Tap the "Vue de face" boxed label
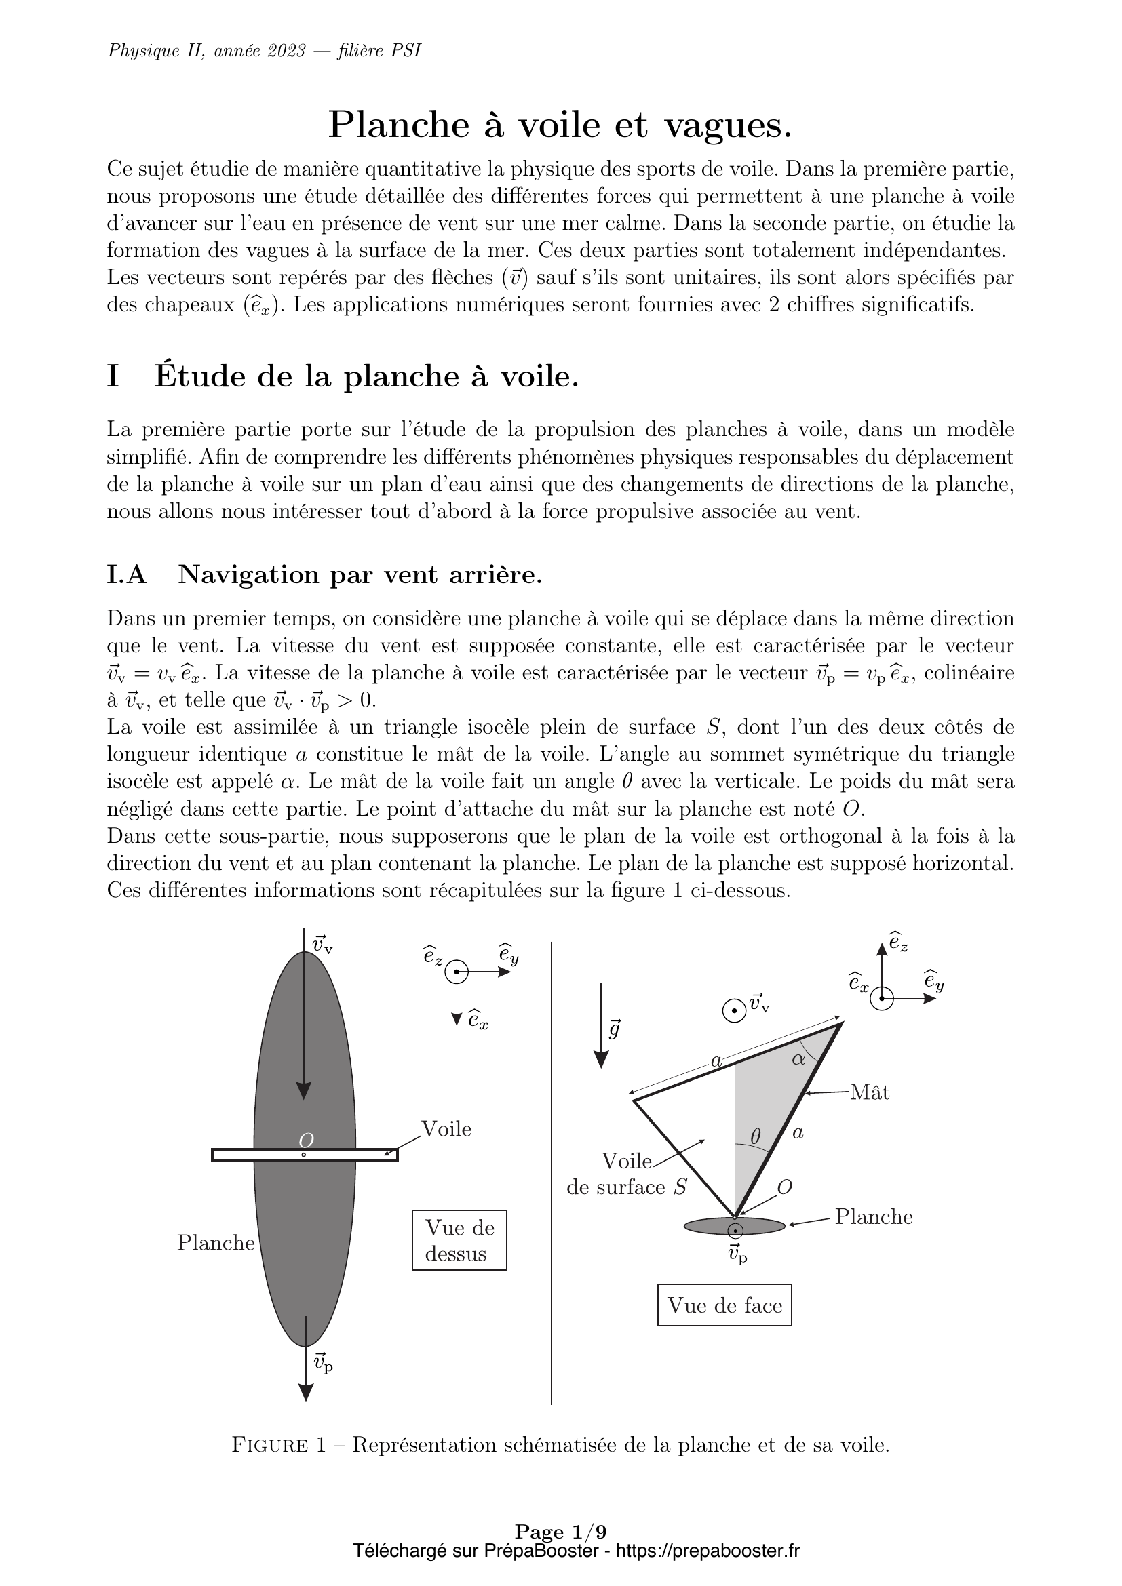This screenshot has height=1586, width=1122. tap(724, 1305)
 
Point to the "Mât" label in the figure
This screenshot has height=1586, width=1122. tap(870, 1092)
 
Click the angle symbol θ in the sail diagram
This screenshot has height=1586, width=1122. tap(755, 1135)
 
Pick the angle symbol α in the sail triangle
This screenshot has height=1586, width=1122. tap(798, 1059)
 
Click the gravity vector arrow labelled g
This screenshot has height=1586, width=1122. tap(601, 1025)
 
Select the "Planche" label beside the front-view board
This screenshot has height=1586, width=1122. tap(873, 1216)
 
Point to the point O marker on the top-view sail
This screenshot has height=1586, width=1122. tap(303, 1154)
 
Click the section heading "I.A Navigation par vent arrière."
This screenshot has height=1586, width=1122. tap(324, 575)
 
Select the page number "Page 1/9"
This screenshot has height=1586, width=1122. tap(560, 1532)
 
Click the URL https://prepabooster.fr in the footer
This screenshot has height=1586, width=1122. tap(707, 1551)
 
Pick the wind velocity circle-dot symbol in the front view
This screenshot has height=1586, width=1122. tap(734, 1011)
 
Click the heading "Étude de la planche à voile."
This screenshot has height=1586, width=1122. tap(366, 376)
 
